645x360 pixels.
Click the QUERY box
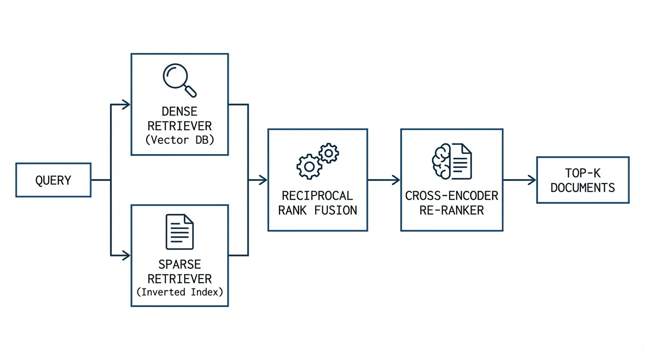click(x=53, y=180)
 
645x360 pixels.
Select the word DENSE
click(x=180, y=112)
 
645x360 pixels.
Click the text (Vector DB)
click(x=180, y=140)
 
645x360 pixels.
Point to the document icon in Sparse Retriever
click(x=180, y=232)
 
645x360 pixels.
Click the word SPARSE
click(x=180, y=264)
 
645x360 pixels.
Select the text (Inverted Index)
click(x=180, y=292)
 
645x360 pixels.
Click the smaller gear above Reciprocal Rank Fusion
click(x=329, y=153)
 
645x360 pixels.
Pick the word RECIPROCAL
click(x=317, y=195)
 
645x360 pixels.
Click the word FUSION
click(x=336, y=210)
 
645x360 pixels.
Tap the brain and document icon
click(x=451, y=161)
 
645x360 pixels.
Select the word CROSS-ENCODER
click(x=451, y=195)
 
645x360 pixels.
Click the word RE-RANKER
click(x=451, y=210)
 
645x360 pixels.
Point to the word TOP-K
click(x=583, y=173)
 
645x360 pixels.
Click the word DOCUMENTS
click(x=583, y=187)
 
